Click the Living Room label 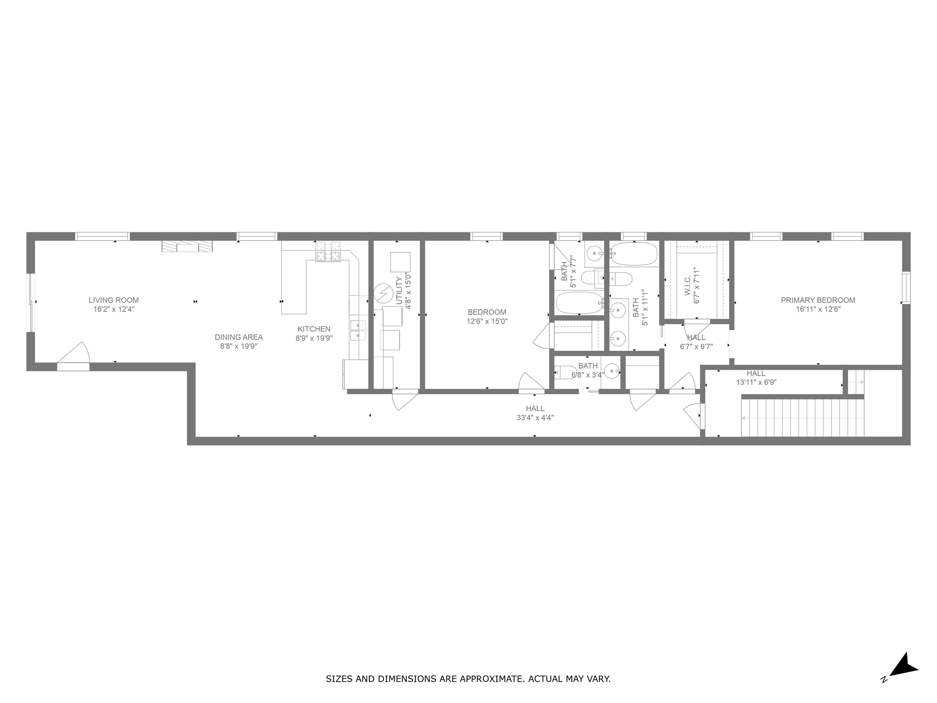pyautogui.click(x=113, y=300)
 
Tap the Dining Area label pyautogui.click(x=239, y=337)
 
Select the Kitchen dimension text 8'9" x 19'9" pyautogui.click(x=314, y=338)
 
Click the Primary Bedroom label pyautogui.click(x=817, y=300)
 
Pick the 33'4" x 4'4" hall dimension pyautogui.click(x=535, y=417)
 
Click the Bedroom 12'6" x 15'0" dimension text pyautogui.click(x=487, y=321)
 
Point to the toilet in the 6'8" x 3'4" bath pyautogui.click(x=565, y=372)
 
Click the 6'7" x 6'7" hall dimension pyautogui.click(x=696, y=347)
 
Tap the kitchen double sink pyautogui.click(x=358, y=330)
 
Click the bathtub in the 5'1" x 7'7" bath pyautogui.click(x=579, y=303)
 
